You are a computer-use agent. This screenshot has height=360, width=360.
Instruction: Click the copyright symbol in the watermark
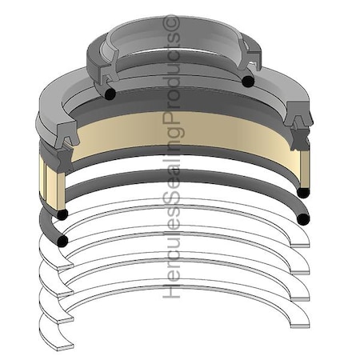click(x=171, y=22)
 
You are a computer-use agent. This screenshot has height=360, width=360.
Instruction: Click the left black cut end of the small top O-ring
click(x=110, y=94)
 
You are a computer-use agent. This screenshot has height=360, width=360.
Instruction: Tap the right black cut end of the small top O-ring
click(x=248, y=81)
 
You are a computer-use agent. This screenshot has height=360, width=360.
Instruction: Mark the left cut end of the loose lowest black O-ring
click(x=62, y=241)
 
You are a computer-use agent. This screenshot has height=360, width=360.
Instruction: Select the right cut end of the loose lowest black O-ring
click(x=303, y=219)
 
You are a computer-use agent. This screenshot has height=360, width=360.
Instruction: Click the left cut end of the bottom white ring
click(x=66, y=347)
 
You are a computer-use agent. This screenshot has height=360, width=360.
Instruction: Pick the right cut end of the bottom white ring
click(x=300, y=326)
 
